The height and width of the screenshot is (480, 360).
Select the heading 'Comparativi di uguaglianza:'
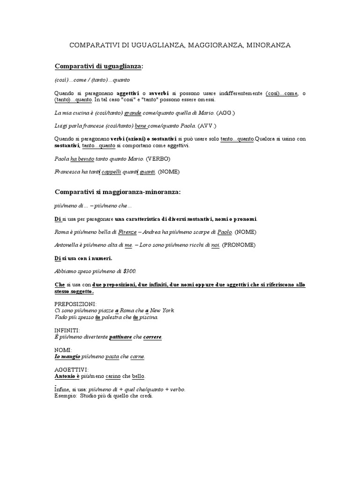98,67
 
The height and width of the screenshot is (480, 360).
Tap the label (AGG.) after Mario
226,113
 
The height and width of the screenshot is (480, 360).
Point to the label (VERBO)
158,159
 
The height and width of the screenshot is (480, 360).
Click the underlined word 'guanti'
147,172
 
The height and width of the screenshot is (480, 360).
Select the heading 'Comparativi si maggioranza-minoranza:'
117,192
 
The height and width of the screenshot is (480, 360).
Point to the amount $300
128,271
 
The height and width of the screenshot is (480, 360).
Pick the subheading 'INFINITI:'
67,330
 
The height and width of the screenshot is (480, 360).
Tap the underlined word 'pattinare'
120,337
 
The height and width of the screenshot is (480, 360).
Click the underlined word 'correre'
152,337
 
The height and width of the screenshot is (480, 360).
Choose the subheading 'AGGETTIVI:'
71,369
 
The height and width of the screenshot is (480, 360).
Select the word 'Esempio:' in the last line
65,396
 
